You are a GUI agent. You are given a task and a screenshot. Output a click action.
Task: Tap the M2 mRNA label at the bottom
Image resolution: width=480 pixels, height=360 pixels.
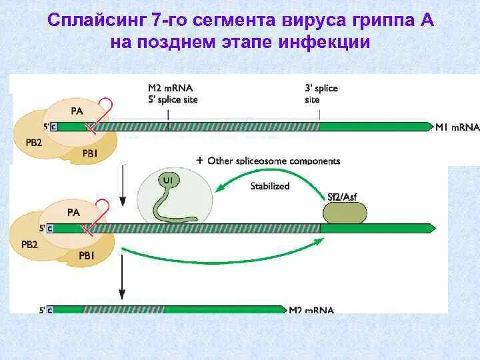pyautogui.click(x=311, y=310)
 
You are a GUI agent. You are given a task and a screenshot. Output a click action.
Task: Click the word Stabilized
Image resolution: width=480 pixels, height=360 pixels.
pyautogui.click(x=270, y=186)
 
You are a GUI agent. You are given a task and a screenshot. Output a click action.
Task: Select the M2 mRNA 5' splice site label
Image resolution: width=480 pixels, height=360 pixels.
pyautogui.click(x=172, y=93)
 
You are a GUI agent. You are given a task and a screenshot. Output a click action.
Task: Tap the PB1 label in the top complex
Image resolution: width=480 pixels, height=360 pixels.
pyautogui.click(x=90, y=153)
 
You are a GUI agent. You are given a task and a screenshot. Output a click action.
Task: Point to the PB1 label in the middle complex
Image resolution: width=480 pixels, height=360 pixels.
pyautogui.click(x=87, y=255)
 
